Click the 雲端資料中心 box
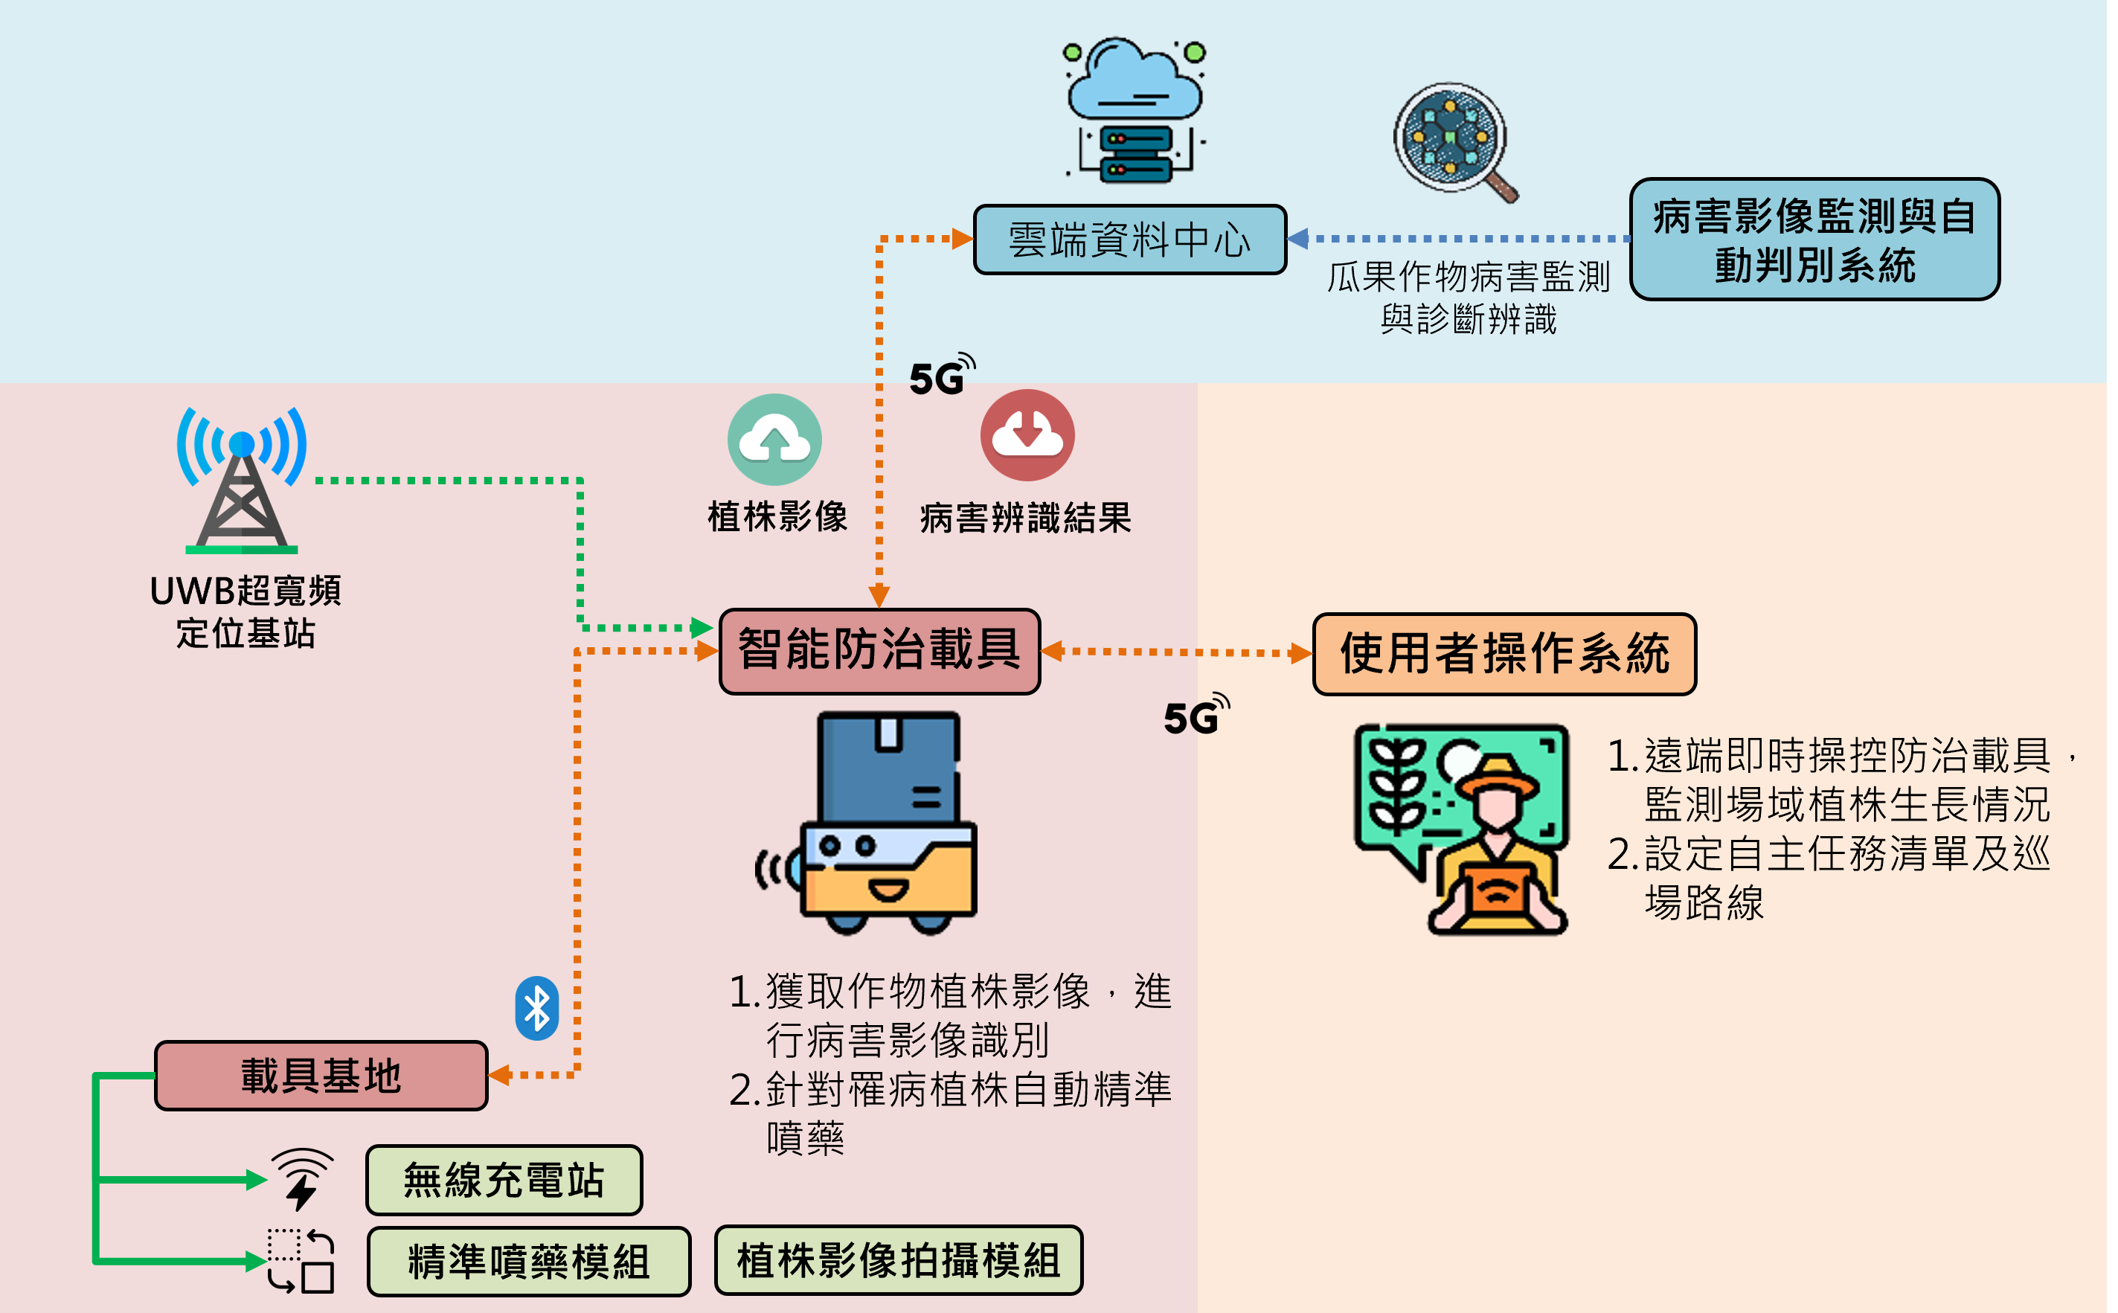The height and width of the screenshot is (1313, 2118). tap(1129, 240)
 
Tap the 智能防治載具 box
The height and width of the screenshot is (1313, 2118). tap(879, 650)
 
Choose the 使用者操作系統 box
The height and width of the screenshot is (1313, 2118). tap(1504, 654)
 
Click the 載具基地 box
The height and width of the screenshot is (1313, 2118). tap(321, 1075)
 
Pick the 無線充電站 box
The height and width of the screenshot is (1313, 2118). tap(504, 1180)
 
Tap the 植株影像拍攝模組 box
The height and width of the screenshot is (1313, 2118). tap(898, 1260)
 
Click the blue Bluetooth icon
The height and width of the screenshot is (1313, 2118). tap(536, 1009)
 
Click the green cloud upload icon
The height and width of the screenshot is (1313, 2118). tap(774, 440)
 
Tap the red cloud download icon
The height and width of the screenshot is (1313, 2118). tap(1027, 435)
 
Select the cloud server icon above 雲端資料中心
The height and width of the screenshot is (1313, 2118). tap(1133, 111)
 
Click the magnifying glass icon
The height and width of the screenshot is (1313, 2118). tap(1454, 141)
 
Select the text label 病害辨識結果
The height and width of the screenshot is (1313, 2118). tap(1026, 519)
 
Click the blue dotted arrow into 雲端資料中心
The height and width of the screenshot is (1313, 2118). tap(1459, 238)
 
